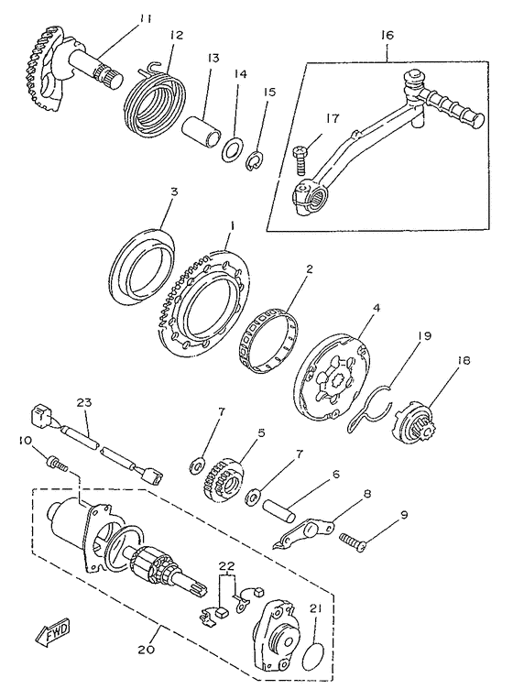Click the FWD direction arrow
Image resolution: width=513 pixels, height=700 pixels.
(53, 632)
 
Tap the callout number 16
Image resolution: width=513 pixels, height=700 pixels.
(387, 35)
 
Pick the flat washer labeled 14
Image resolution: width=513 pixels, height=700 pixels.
(232, 149)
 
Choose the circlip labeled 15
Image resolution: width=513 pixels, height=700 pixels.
(256, 161)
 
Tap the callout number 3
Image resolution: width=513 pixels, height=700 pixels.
(175, 192)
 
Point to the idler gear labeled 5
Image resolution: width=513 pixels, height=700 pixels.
(224, 479)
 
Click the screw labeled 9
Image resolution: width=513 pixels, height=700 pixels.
(354, 538)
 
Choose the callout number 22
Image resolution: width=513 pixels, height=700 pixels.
(226, 566)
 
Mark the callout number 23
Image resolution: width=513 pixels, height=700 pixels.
(84, 403)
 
